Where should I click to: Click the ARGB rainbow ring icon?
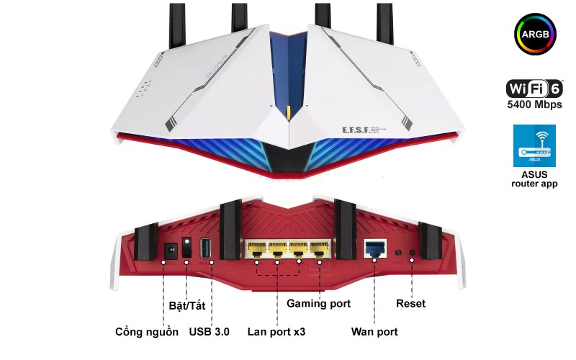coord(534,35)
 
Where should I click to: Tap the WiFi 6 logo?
coord(534,89)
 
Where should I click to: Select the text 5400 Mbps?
coord(534,105)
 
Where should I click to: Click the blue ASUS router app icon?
coord(534,146)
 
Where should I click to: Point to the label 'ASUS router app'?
coord(534,179)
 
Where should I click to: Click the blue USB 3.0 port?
coord(205,249)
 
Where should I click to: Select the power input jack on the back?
coord(171,250)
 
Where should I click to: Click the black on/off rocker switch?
coord(188,248)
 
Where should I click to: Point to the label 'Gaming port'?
coord(319,304)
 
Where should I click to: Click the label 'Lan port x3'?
coord(276,332)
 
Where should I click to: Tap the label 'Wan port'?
coord(374,332)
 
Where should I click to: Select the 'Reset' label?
coord(410,304)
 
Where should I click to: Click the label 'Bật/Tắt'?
coord(187,305)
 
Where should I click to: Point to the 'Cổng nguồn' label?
coord(146,332)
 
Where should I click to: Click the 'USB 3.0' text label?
coord(210,332)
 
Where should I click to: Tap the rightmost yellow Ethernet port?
coord(318,251)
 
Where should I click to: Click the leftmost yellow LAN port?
coord(255,251)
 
